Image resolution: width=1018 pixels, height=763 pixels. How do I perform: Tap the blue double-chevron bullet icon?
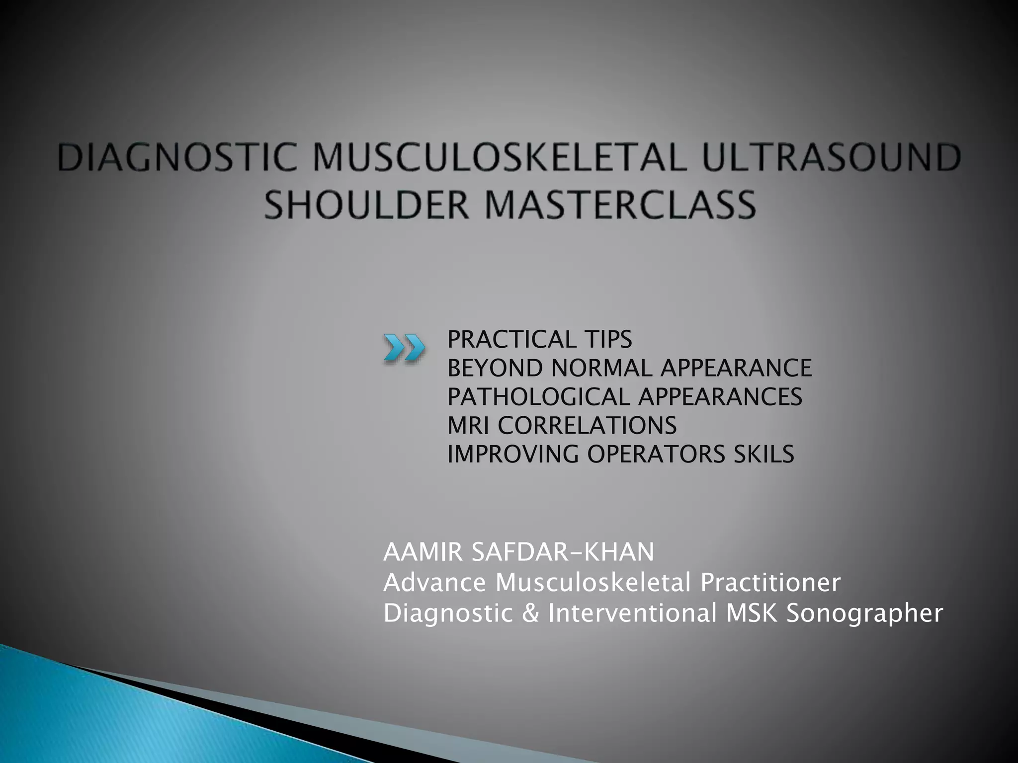pyautogui.click(x=404, y=347)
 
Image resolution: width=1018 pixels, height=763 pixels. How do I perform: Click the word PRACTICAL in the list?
pyautogui.click(x=512, y=340)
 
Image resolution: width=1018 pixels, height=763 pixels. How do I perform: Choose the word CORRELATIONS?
pyautogui.click(x=587, y=426)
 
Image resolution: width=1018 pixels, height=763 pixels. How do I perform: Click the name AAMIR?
pyautogui.click(x=423, y=552)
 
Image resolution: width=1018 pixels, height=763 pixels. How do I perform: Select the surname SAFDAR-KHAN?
pyautogui.click(x=562, y=552)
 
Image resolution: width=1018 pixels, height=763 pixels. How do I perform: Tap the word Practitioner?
pyautogui.click(x=770, y=583)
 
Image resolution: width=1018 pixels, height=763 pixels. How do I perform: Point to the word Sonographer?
pyautogui.click(x=864, y=613)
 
